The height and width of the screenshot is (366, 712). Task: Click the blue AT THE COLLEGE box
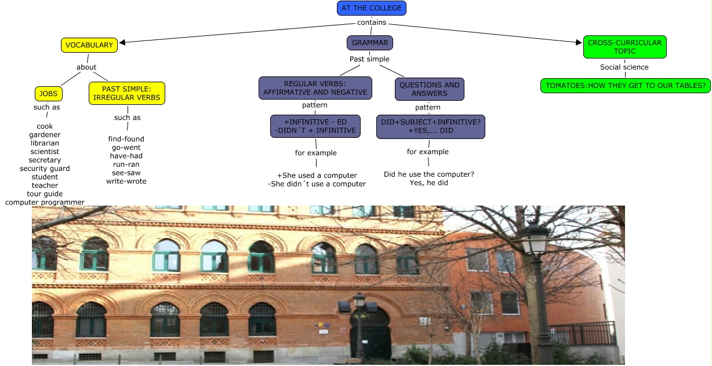[x=372, y=8]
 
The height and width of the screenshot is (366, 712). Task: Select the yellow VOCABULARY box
[x=89, y=45]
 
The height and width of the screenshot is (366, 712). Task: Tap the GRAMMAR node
[x=370, y=43]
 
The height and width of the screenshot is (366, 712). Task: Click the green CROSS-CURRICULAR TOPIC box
[x=624, y=47]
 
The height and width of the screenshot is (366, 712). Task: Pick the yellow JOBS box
[x=48, y=94]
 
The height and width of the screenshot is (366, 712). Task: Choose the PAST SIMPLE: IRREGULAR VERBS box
[x=127, y=93]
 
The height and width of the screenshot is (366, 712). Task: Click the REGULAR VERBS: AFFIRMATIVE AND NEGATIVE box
[x=315, y=89]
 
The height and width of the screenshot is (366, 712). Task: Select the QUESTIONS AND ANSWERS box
[x=430, y=89]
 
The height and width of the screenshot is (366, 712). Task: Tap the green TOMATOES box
[x=626, y=86]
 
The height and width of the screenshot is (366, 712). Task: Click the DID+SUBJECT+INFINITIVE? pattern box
[x=430, y=126]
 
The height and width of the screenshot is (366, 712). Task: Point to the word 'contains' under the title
[x=372, y=23]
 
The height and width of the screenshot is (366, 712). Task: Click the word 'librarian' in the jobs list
[x=45, y=143]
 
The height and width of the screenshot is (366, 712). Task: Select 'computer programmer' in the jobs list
[x=45, y=202]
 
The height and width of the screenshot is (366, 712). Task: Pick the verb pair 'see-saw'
[x=126, y=173]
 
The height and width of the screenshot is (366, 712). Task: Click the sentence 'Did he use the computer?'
[x=429, y=174]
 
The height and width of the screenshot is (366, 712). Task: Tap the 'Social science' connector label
[x=624, y=67]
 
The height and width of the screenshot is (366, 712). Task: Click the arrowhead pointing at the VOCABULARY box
[x=122, y=42]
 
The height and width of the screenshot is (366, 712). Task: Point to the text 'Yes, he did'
[x=429, y=183]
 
